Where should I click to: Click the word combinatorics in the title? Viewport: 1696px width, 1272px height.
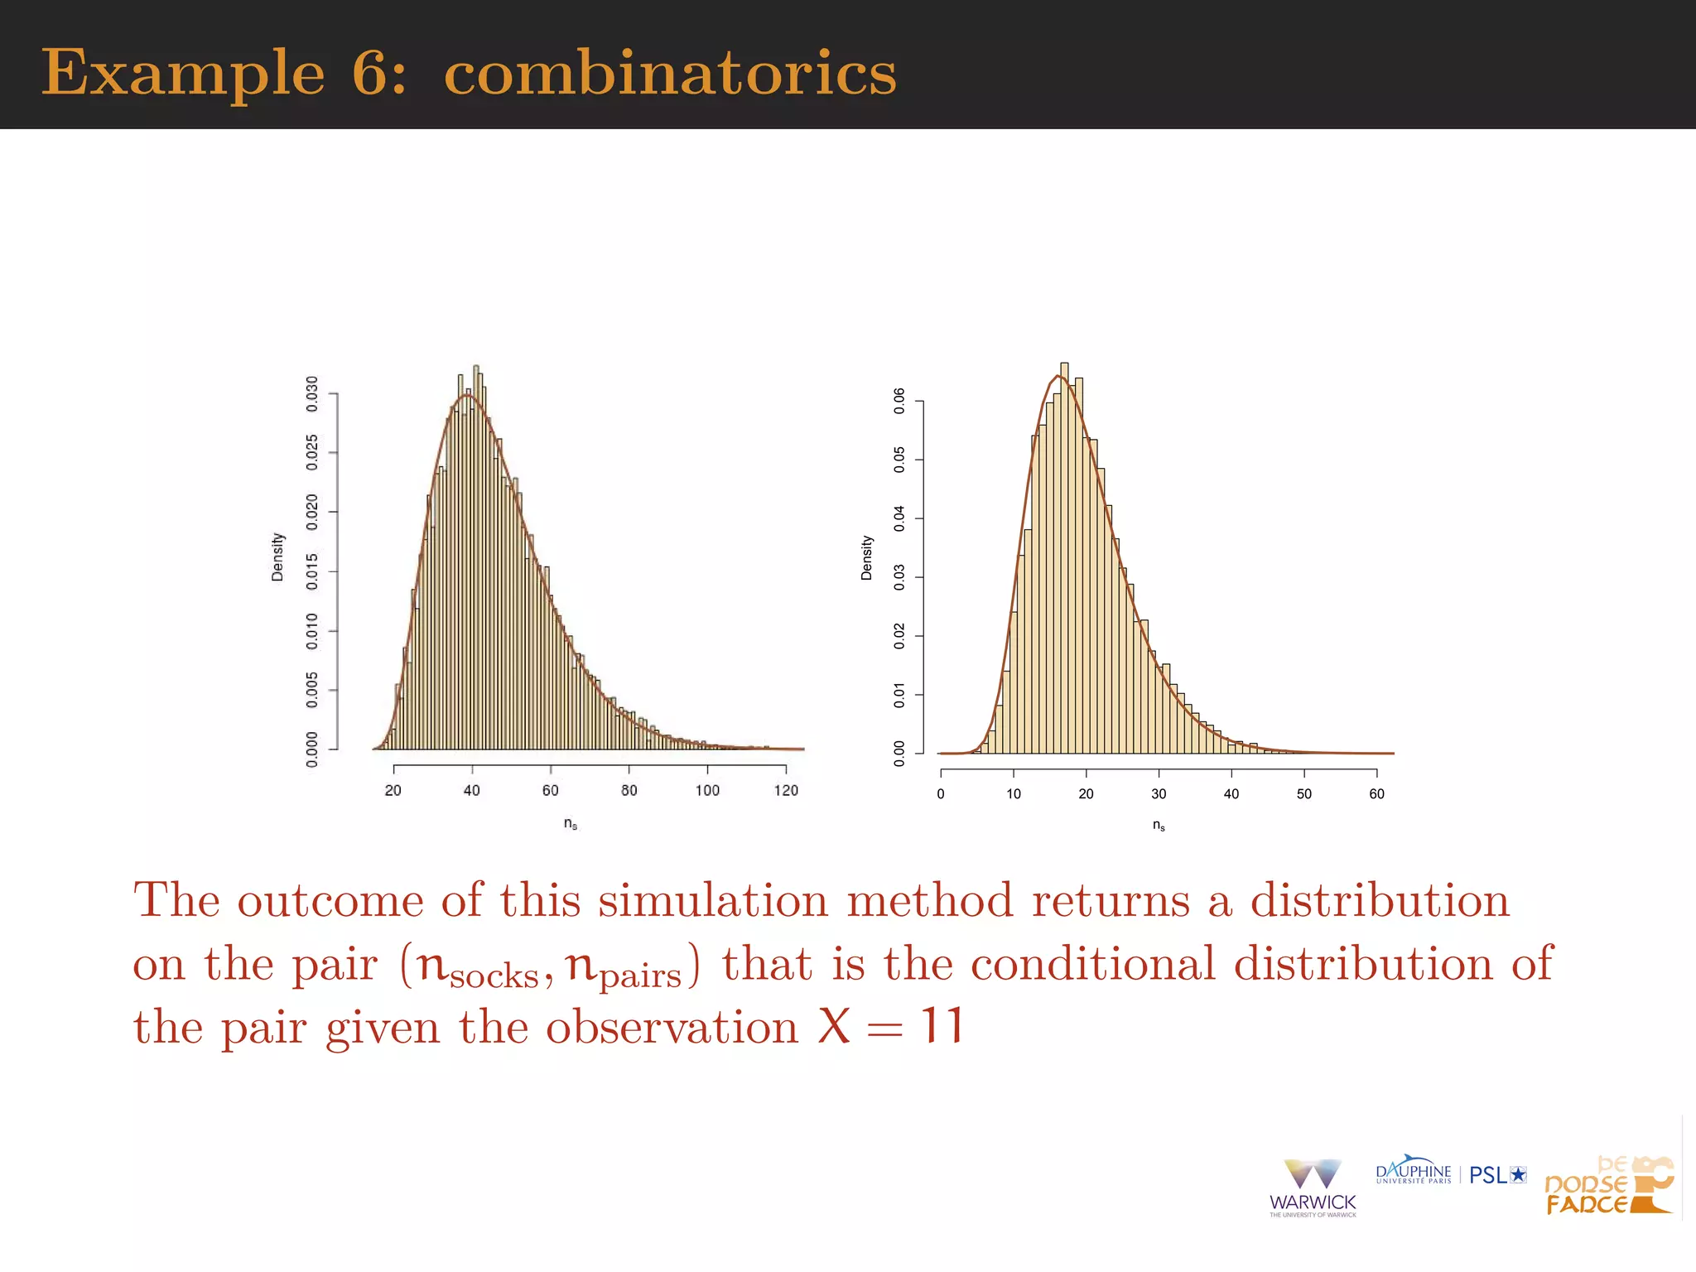(670, 73)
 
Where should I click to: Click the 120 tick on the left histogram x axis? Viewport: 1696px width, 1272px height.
(786, 790)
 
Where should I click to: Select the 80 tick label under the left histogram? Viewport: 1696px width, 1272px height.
(629, 790)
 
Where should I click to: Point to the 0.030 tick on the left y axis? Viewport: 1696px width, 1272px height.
(312, 394)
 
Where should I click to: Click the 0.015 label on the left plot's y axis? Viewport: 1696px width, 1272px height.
(312, 571)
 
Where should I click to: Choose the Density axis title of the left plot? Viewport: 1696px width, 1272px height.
(277, 556)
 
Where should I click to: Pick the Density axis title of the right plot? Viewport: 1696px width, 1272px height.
(867, 557)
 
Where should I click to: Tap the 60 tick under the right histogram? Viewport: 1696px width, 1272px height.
(1376, 793)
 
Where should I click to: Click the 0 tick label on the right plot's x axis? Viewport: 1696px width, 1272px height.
(941, 793)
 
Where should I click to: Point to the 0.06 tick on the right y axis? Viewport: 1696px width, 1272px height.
(899, 401)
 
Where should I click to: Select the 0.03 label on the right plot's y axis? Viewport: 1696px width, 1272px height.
(899, 577)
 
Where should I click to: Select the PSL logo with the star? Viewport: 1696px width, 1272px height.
(1497, 1174)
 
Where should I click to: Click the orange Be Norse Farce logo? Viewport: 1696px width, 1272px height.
(1607, 1186)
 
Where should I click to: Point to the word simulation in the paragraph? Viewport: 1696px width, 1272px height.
(712, 900)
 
